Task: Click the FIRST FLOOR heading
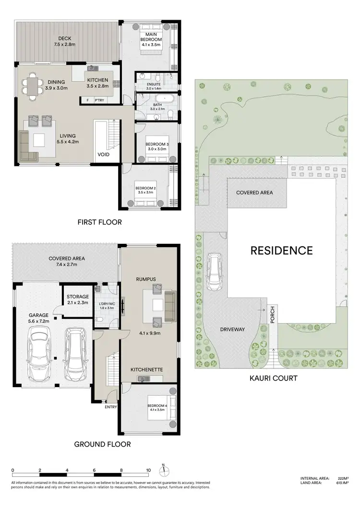[x=99, y=222]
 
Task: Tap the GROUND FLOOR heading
[x=102, y=444]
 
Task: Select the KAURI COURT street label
[x=273, y=378]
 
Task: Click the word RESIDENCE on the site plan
[x=281, y=250]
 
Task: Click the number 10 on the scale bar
[x=149, y=470]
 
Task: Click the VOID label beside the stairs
[x=104, y=155]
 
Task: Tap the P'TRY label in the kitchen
[x=99, y=100]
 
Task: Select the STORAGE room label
[x=78, y=297]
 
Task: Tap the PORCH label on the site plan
[x=272, y=314]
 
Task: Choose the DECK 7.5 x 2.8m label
[x=65, y=41]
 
